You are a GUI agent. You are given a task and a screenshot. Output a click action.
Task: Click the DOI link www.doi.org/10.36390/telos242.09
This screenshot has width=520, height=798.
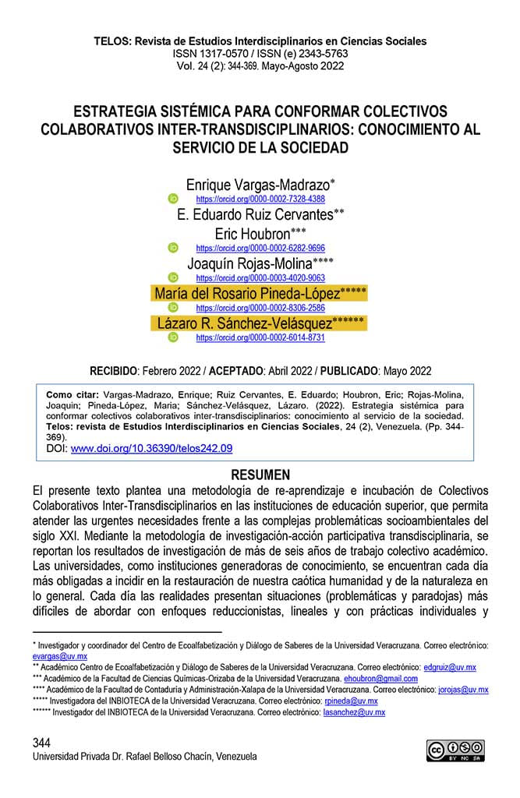151,449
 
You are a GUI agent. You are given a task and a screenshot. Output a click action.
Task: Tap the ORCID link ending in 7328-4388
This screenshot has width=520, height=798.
260,199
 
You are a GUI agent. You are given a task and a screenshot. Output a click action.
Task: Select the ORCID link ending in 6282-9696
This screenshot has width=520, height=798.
260,248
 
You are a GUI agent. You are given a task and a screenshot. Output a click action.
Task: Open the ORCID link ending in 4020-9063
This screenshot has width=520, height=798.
260,277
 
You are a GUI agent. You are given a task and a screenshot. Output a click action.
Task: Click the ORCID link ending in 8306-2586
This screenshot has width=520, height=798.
260,308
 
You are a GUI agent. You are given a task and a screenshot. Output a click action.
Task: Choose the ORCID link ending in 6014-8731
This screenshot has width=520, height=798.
260,337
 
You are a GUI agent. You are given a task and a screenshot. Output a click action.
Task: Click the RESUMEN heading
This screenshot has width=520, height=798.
260,475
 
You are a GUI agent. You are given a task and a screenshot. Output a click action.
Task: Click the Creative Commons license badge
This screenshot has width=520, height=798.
455,750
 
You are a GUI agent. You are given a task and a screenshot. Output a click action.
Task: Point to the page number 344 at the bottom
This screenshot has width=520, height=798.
42,741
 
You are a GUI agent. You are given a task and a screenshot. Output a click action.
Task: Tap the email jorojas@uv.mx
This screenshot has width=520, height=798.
463,690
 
